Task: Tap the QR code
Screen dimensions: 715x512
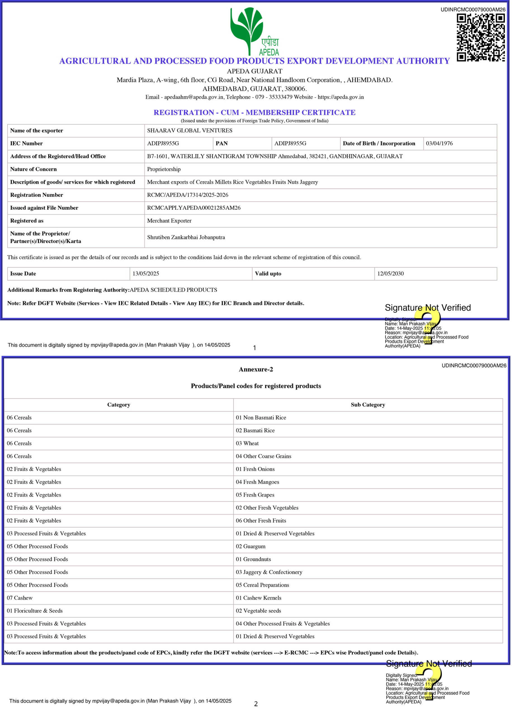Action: click(480, 37)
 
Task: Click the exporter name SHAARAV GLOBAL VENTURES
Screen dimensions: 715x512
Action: click(190, 131)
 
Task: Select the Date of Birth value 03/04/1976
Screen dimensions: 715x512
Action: click(439, 144)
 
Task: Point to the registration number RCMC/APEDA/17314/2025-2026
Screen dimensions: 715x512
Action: click(188, 195)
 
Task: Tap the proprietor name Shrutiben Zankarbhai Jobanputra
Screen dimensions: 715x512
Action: click(186, 237)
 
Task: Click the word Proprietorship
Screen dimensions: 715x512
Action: click(164, 169)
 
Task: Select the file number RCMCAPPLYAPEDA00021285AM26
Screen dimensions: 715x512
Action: click(194, 208)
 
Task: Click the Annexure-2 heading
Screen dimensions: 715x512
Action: click(256, 369)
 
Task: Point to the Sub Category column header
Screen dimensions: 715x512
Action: click(368, 405)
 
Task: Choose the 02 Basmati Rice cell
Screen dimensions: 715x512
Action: click(255, 430)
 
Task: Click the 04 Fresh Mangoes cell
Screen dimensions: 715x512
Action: click(257, 482)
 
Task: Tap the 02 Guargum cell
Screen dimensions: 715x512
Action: click(250, 546)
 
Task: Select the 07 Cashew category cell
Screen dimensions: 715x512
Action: click(20, 598)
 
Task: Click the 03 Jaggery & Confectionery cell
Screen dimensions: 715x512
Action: click(269, 572)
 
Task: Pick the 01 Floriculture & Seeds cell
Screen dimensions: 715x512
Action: click(35, 611)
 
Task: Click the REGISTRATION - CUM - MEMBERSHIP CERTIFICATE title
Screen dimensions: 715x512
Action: click(254, 112)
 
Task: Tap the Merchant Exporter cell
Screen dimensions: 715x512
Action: click(169, 221)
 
